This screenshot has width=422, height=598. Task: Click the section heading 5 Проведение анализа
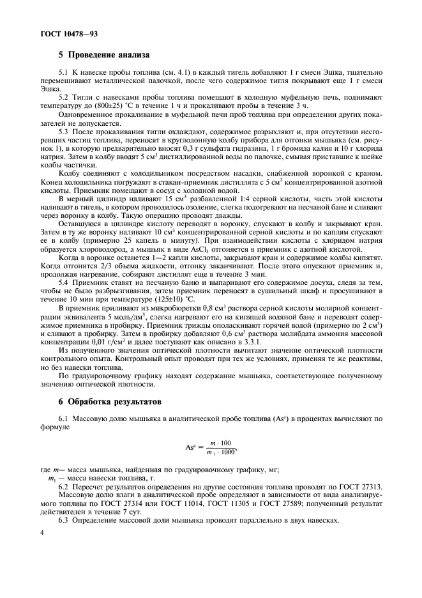[x=103, y=55]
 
